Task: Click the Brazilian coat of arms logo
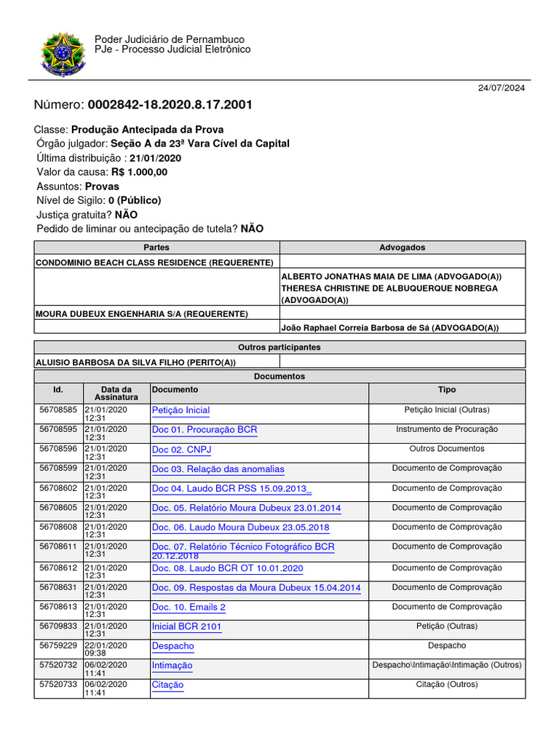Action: pos(63,54)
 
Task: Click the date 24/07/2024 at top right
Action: pos(501,88)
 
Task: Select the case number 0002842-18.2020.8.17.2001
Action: pos(170,105)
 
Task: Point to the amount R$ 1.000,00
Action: pos(139,172)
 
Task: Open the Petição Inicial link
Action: pos(181,410)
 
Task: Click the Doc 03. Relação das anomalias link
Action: pos(218,469)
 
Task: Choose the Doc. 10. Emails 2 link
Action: pos(189,607)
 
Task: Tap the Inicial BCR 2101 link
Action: pos(186,627)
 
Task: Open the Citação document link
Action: pos(167,685)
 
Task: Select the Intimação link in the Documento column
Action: pos(172,665)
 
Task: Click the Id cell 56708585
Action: pos(58,410)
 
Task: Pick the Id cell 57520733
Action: pos(58,685)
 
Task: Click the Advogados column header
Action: pos(403,248)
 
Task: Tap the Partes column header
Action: pos(156,248)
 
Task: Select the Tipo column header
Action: pos(447,390)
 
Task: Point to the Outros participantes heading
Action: pos(279,348)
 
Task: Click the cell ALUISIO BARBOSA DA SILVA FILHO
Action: pos(135,362)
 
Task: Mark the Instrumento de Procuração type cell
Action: pos(447,430)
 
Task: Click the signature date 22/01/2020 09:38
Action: pos(106,650)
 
